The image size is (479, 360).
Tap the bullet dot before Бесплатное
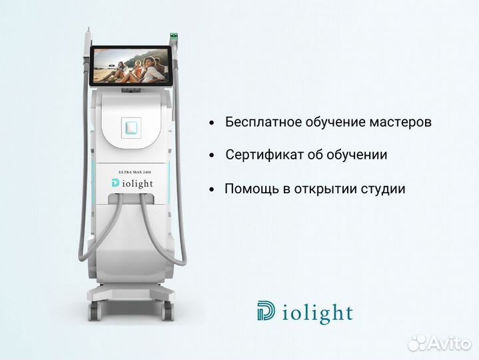click(x=212, y=123)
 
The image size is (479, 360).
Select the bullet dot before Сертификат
click(x=212, y=155)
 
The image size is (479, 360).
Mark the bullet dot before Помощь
click(x=212, y=189)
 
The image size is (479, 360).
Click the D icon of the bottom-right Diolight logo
click(x=266, y=311)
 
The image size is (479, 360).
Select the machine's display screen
click(x=130, y=65)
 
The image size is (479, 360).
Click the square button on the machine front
click(x=133, y=127)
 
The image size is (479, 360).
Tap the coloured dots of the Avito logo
click(x=418, y=343)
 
